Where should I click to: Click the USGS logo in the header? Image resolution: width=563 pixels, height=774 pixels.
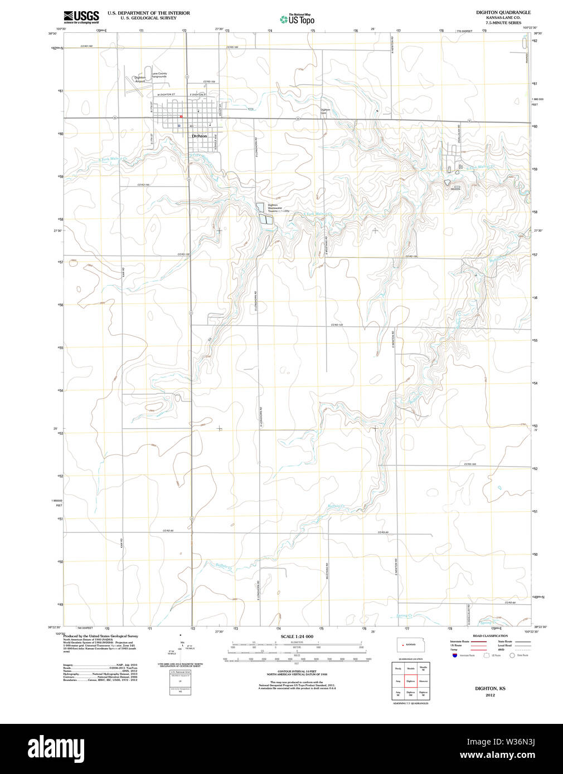81,17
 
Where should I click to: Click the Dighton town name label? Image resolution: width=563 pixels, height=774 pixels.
199,136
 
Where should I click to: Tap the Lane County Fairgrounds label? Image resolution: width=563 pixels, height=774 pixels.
159,75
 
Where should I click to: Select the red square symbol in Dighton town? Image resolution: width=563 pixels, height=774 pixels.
181,116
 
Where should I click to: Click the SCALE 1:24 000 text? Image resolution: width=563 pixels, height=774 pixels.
297,636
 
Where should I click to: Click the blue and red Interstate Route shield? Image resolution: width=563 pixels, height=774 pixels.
455,655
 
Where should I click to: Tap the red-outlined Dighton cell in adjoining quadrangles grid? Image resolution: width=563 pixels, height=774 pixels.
411,681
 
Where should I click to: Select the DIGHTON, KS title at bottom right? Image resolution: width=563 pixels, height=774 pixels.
490,689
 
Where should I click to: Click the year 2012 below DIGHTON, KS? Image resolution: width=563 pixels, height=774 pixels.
490,695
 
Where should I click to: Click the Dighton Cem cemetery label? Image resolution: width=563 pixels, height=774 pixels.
325,111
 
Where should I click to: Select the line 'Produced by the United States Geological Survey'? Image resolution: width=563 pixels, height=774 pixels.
100,636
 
